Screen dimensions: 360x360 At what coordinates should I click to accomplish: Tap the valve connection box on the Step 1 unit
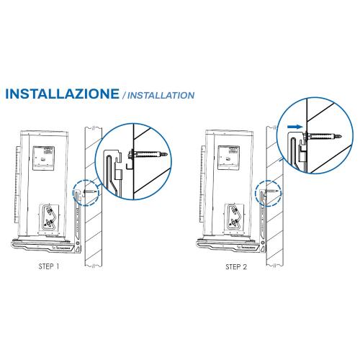pos(50,217)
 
